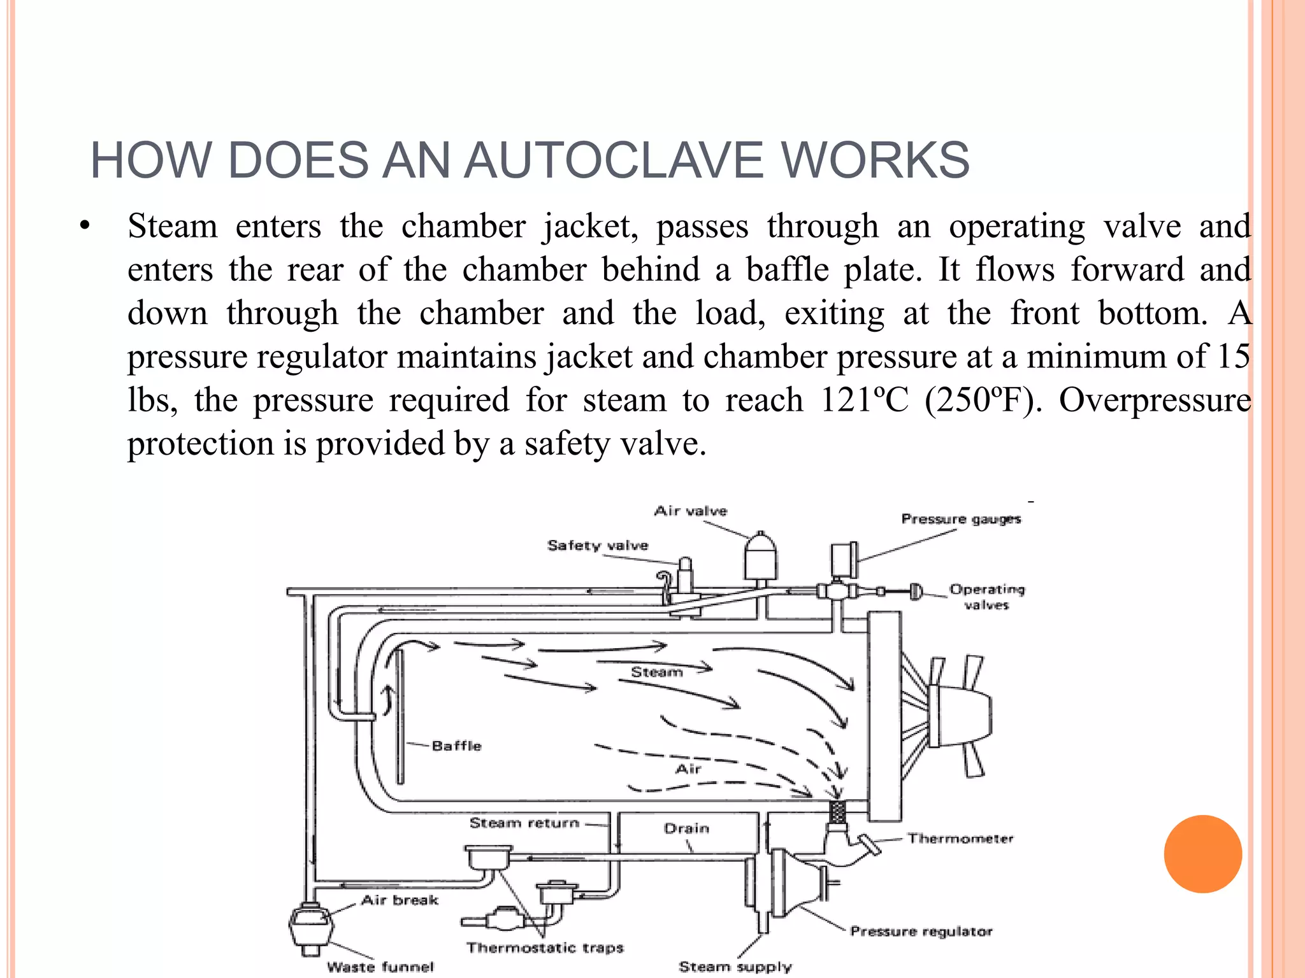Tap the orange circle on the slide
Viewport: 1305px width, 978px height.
[1202, 854]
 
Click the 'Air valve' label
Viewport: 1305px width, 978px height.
[691, 511]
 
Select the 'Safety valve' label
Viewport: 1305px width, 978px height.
[598, 545]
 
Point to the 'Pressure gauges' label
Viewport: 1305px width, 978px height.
[961, 519]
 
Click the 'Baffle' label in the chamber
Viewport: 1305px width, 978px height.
[457, 746]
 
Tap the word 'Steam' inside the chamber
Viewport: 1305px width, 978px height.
[656, 672]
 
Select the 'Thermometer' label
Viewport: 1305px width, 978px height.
[961, 839]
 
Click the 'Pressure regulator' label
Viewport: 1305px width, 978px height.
[921, 932]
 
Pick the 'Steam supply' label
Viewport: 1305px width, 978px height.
[735, 967]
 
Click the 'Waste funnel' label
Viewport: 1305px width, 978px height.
[380, 967]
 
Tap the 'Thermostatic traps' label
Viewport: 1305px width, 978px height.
[545, 947]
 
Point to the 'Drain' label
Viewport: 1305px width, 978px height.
[686, 828]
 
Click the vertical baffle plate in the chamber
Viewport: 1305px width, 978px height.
[400, 716]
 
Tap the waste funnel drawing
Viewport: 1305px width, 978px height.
[310, 927]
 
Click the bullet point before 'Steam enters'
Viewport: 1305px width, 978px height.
[84, 227]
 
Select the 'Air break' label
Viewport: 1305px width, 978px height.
[400, 900]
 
